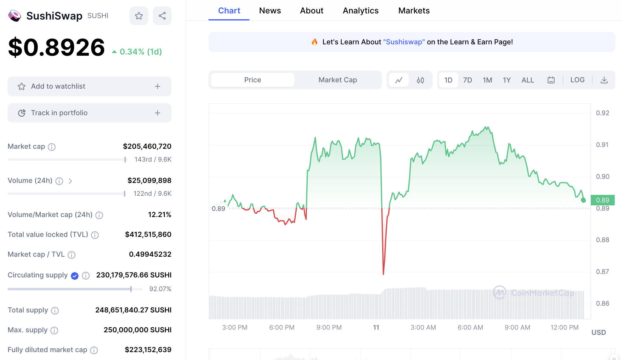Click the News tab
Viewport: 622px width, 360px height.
click(270, 11)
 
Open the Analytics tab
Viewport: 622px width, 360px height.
click(361, 11)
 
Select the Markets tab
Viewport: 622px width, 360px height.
click(414, 11)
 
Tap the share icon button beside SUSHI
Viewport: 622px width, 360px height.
click(162, 16)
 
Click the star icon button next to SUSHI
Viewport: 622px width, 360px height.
click(139, 16)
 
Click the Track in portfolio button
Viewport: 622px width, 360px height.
click(89, 113)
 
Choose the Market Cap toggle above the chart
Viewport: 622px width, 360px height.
click(338, 80)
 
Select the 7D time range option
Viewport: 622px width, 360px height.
click(467, 80)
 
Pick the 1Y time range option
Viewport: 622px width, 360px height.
click(507, 80)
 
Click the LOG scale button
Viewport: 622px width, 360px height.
click(577, 80)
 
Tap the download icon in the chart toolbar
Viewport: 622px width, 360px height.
click(604, 80)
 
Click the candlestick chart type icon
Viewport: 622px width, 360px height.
click(420, 80)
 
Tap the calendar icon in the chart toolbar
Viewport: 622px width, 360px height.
click(551, 80)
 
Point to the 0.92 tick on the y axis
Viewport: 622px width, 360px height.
click(602, 113)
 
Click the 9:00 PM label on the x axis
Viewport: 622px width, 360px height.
click(329, 327)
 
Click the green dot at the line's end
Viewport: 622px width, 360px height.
click(583, 200)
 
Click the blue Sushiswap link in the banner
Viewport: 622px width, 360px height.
click(404, 42)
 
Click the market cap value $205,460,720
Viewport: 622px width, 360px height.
click(147, 146)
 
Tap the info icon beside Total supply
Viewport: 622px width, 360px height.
click(55, 310)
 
